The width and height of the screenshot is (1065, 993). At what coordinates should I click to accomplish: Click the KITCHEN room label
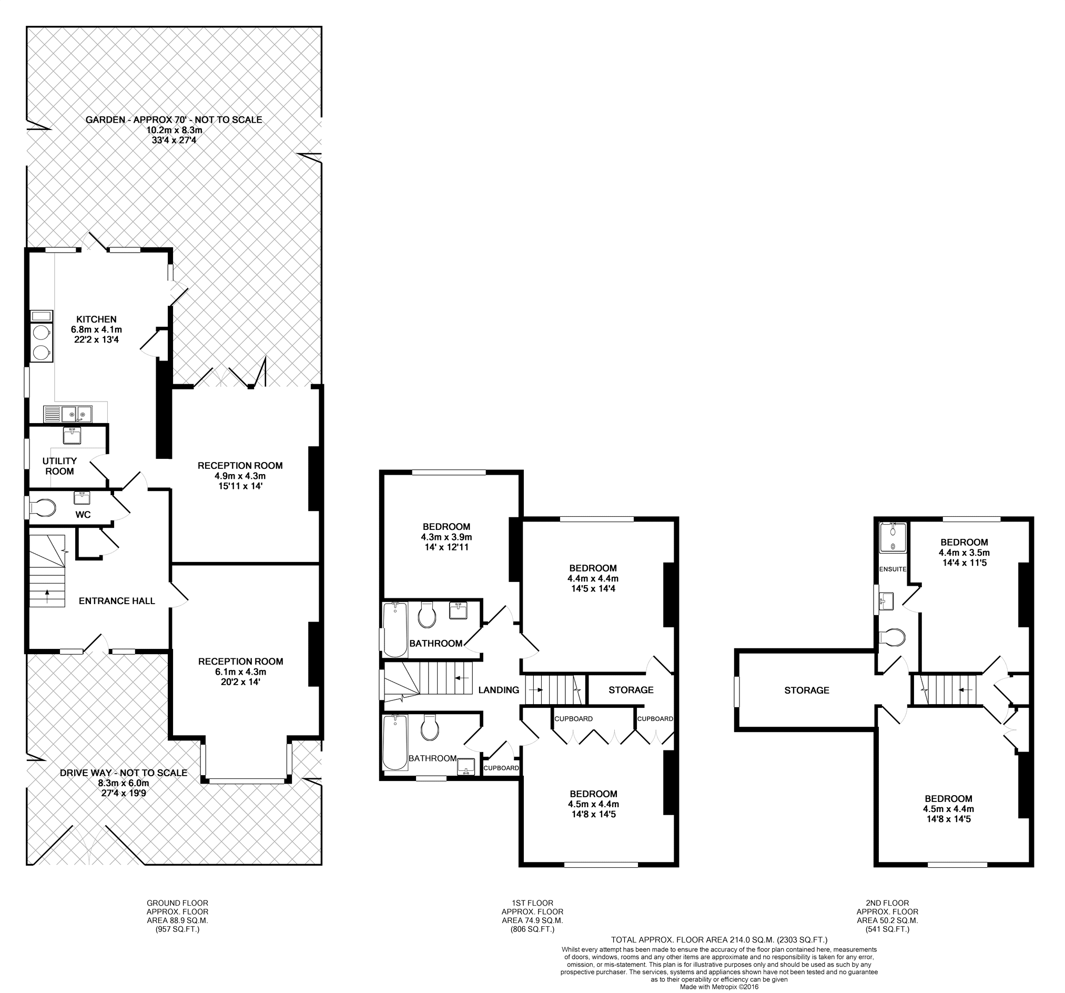(x=96, y=319)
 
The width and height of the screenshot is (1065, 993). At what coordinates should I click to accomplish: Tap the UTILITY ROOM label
(x=59, y=466)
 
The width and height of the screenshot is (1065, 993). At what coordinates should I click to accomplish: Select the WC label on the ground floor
(x=83, y=515)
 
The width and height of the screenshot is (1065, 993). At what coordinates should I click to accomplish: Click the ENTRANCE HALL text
(x=117, y=601)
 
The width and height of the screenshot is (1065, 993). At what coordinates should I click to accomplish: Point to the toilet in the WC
(x=42, y=507)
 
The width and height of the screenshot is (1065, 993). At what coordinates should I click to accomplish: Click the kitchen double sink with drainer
(x=68, y=414)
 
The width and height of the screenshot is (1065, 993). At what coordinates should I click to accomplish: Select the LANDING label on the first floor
(x=499, y=690)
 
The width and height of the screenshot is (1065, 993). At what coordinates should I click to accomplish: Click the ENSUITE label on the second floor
(x=893, y=569)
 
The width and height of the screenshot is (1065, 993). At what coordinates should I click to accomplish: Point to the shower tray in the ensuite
(x=893, y=537)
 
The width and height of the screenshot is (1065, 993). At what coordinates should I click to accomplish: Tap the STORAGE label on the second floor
(x=807, y=690)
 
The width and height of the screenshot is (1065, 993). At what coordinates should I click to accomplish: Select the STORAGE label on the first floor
(x=631, y=690)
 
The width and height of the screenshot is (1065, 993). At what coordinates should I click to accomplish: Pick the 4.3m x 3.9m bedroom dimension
(x=447, y=537)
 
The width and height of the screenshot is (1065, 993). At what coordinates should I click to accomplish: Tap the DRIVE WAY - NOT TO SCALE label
(x=124, y=773)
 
